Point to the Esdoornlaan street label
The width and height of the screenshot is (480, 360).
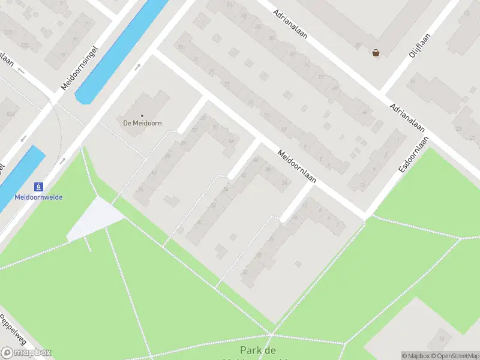coord(415,154)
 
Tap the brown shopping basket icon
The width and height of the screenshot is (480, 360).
coord(376,53)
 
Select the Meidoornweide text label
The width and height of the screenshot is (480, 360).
coord(38,197)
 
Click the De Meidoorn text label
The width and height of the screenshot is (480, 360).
coord(143,123)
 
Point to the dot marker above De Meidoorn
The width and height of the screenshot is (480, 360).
coord(142,115)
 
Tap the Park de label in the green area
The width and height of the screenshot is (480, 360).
coord(258,350)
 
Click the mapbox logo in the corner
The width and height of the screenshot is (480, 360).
coord(26,353)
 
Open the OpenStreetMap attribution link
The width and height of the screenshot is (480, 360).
coord(456,356)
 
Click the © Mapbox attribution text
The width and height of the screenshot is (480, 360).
coord(415,356)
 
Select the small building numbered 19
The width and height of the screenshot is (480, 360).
coord(440,338)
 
